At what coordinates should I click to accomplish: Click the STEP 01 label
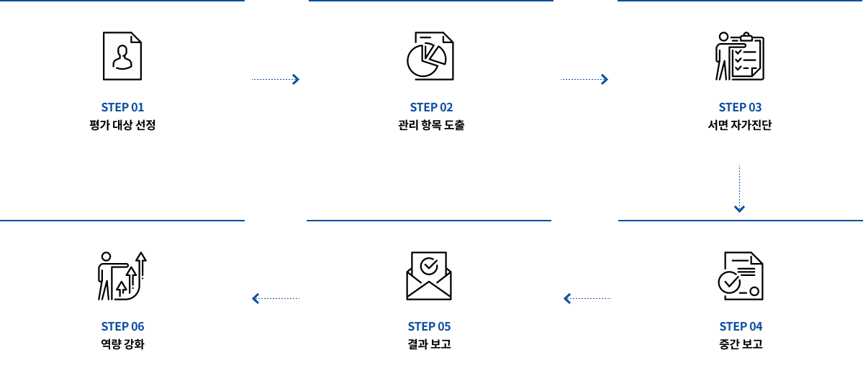[122, 107]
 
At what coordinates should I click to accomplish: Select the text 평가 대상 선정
[122, 125]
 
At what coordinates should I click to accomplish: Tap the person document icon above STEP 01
[122, 56]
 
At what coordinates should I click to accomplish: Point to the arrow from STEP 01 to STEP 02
[276, 79]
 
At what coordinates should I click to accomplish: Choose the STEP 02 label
[431, 107]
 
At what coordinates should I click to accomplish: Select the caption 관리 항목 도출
[431, 125]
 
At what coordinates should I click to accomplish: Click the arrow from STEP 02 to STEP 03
[585, 79]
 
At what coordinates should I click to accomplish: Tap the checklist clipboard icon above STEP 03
[739, 56]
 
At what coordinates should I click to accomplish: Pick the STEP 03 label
[740, 107]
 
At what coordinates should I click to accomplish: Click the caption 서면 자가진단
[740, 125]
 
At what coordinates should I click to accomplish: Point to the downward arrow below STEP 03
[739, 189]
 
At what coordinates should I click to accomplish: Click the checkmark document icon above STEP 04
[740, 276]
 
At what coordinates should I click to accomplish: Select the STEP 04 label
[741, 326]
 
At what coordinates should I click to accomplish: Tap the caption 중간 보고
[741, 344]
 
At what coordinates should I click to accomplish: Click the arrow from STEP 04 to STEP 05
[587, 298]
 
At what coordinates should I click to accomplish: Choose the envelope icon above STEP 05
[429, 276]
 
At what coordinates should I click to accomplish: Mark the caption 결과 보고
[429, 344]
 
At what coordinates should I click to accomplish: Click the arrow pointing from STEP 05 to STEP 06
[275, 298]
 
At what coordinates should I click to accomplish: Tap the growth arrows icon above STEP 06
[122, 276]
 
